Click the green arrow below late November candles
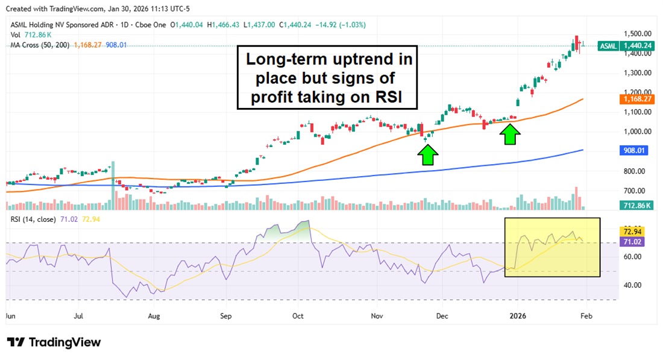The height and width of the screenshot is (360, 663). pos(428,155)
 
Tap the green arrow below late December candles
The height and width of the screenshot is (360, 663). pos(511,133)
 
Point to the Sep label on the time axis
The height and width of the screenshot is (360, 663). pos(225,315)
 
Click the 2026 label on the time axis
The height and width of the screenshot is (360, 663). pos(517,315)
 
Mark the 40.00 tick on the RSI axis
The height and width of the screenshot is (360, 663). pos(632,285)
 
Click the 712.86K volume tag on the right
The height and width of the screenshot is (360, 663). pos(636,206)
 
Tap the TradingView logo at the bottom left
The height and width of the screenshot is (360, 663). pos(54,343)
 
